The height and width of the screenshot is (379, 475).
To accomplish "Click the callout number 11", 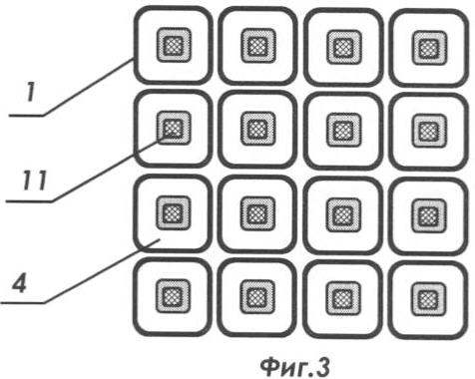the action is (35, 181).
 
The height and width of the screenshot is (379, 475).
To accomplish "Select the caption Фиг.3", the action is (295, 366).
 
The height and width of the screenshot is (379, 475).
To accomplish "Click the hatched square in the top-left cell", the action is (174, 45).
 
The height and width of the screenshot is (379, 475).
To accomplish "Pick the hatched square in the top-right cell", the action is (429, 48).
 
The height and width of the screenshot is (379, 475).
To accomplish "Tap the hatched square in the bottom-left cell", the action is (173, 296).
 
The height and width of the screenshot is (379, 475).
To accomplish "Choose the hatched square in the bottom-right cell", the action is (428, 299).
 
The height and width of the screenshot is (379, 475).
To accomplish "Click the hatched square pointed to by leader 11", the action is (174, 128).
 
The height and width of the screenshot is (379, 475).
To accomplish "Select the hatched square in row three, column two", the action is (257, 212).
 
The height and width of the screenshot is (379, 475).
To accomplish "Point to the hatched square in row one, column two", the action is (258, 46).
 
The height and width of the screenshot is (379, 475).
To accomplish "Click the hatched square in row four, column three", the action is (343, 298).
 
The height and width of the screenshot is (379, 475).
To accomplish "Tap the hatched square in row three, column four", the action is (429, 215).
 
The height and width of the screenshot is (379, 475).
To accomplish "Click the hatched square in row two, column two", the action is (258, 129).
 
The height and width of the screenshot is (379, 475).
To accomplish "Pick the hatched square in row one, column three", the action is (344, 47).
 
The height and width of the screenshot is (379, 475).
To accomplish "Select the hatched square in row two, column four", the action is (429, 131).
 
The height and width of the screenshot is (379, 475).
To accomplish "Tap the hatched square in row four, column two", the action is (257, 297).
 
